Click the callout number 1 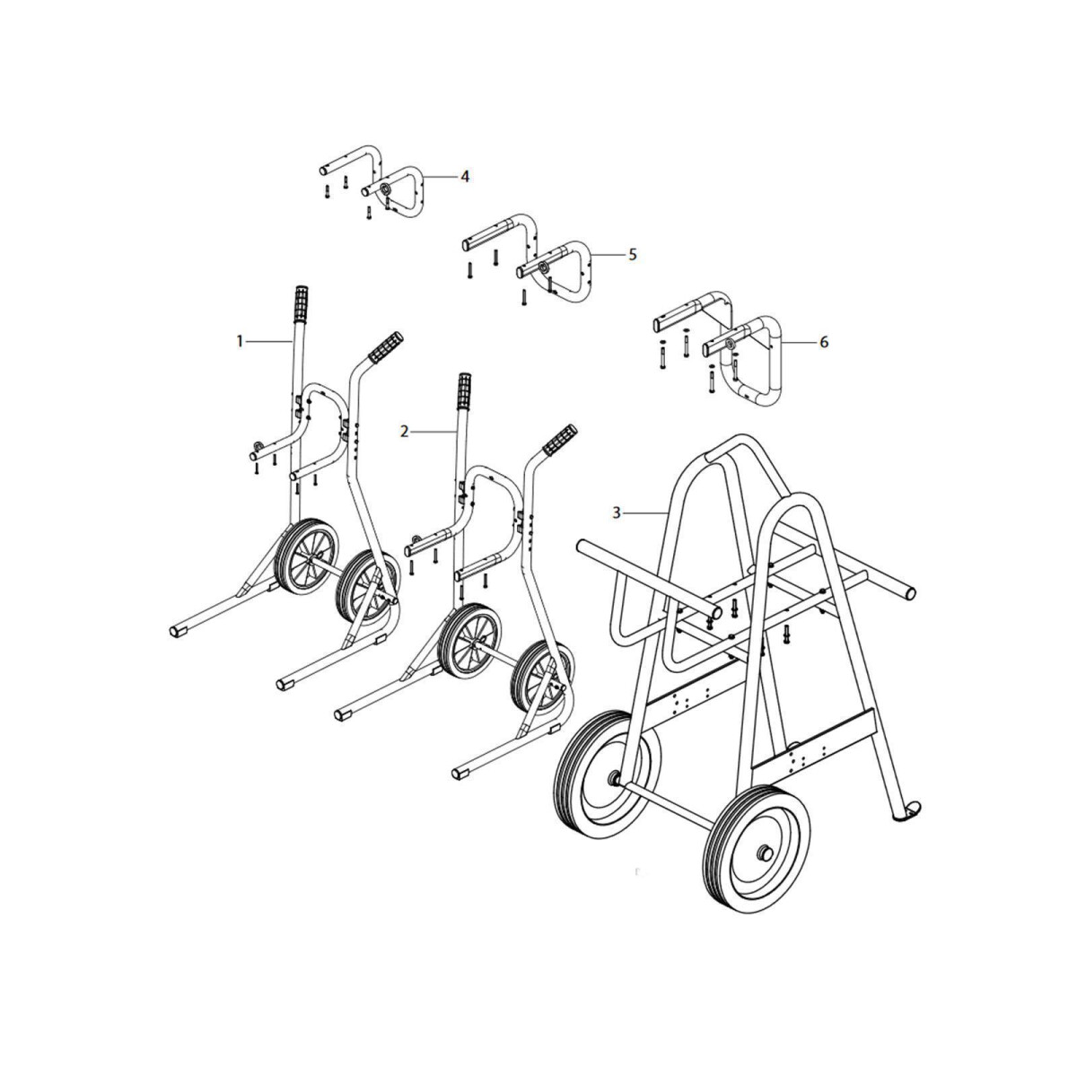(240, 341)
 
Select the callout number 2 (405, 432)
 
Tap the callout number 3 (617, 512)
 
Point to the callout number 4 (464, 177)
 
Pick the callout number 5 (632, 255)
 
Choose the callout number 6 (824, 342)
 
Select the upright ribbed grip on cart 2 (465, 390)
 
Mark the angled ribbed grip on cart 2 (558, 439)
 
